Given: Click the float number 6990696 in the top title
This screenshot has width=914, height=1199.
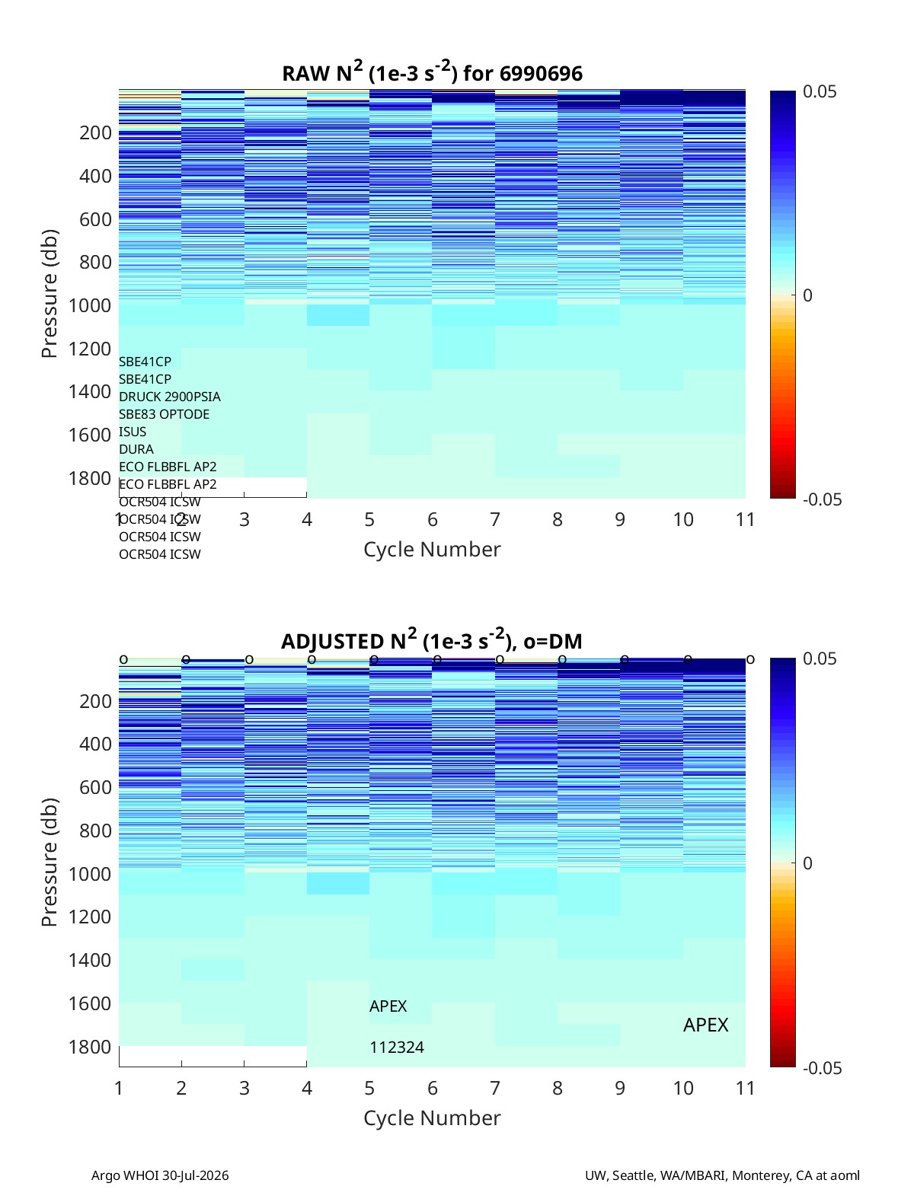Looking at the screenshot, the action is click(540, 74).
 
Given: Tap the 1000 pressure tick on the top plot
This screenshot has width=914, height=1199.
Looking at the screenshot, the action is click(90, 305).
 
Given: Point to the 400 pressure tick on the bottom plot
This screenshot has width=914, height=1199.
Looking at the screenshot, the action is click(95, 744).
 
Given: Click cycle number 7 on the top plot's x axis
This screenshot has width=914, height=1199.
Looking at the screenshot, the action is click(494, 519).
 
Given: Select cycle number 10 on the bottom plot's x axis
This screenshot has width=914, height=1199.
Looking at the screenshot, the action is click(682, 1088).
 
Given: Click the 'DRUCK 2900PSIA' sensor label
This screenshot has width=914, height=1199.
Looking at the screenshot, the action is click(170, 397).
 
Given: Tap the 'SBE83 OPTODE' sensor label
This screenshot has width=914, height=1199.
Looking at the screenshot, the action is click(164, 414).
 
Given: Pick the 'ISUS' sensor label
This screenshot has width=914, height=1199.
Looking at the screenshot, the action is click(133, 432).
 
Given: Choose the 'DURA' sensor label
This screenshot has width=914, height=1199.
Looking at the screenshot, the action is click(136, 449).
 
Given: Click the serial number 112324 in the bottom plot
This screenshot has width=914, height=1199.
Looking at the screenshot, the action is click(397, 1048).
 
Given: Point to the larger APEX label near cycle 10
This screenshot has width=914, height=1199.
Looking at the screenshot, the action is click(705, 1025).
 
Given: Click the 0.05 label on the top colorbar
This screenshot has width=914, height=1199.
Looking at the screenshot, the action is click(820, 91).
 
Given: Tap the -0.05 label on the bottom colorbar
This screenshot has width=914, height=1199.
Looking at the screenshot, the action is click(822, 1068).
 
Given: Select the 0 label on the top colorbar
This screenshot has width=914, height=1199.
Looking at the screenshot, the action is click(807, 295).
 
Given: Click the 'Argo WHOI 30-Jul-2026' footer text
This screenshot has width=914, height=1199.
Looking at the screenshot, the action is click(160, 1175).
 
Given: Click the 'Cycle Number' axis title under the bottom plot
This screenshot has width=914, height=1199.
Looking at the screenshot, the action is click(432, 1118).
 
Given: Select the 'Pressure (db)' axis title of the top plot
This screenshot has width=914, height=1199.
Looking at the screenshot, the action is click(50, 293).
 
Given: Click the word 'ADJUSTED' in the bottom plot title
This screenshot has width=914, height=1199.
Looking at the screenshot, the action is click(333, 641).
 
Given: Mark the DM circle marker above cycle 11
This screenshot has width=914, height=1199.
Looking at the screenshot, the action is click(750, 659).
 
